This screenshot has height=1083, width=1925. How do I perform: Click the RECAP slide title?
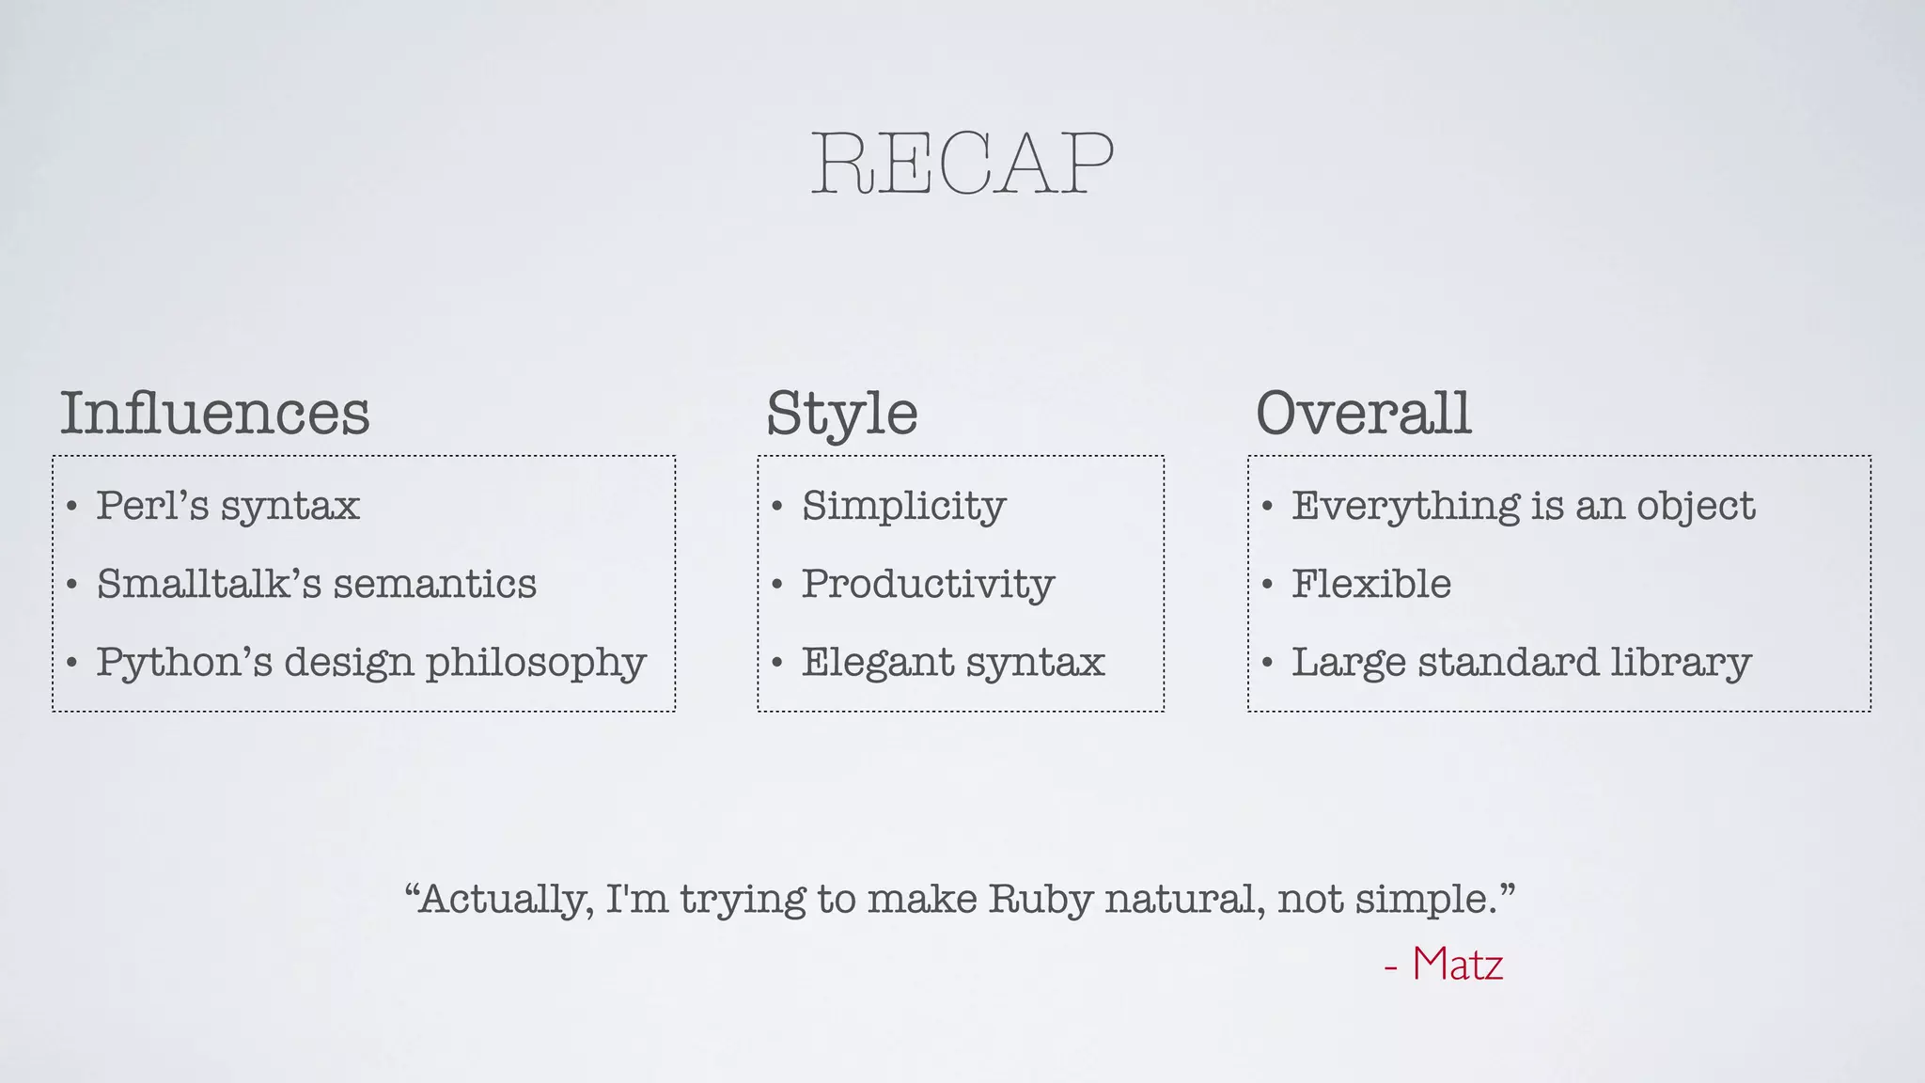point(962,165)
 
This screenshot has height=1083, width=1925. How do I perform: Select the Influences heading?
point(215,413)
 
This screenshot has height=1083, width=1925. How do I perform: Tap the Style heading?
point(842,414)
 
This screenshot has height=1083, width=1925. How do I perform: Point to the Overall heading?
point(1363,413)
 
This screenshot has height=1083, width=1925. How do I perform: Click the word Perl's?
point(152,506)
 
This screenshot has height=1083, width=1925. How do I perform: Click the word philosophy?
point(536,663)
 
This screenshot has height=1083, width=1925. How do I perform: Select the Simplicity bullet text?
point(903,506)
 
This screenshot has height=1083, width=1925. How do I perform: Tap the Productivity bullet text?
point(928,584)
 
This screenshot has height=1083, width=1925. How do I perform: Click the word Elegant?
point(876,663)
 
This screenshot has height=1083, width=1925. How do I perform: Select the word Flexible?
point(1371,584)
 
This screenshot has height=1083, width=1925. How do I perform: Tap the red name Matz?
point(1457,965)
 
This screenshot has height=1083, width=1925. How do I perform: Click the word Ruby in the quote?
point(1041,900)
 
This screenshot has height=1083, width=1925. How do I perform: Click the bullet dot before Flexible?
point(1267,585)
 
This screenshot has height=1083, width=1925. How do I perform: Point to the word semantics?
point(435,584)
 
